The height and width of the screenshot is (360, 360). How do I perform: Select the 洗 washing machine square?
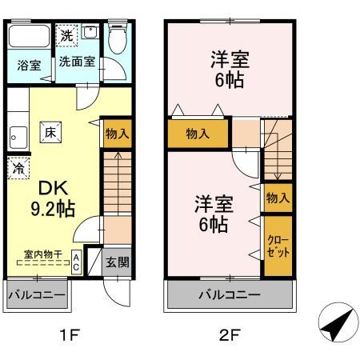click(67, 36)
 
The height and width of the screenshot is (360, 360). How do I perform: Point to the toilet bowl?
click(118, 39)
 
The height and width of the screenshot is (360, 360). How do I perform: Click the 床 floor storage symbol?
click(50, 133)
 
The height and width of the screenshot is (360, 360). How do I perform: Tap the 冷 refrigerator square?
click(17, 169)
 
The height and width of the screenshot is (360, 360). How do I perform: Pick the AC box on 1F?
click(76, 262)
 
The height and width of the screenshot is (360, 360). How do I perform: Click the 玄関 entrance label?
click(117, 262)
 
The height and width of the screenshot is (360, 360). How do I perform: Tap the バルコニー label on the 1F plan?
click(36, 295)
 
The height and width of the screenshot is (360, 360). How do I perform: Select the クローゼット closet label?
click(277, 246)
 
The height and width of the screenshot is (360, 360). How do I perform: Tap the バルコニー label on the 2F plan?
click(229, 295)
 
